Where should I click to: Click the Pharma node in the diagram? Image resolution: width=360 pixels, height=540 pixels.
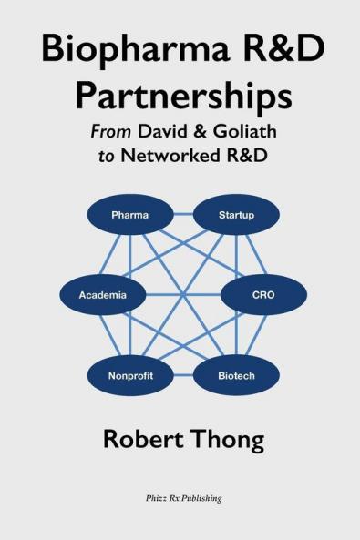click(129, 215)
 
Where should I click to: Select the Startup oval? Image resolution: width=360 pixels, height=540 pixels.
click(236, 215)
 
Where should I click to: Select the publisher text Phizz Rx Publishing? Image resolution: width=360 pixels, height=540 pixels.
click(180, 498)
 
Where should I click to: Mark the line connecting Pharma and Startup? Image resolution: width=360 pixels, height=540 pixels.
click(182, 215)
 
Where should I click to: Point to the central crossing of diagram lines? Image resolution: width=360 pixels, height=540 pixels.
click(182, 295)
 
